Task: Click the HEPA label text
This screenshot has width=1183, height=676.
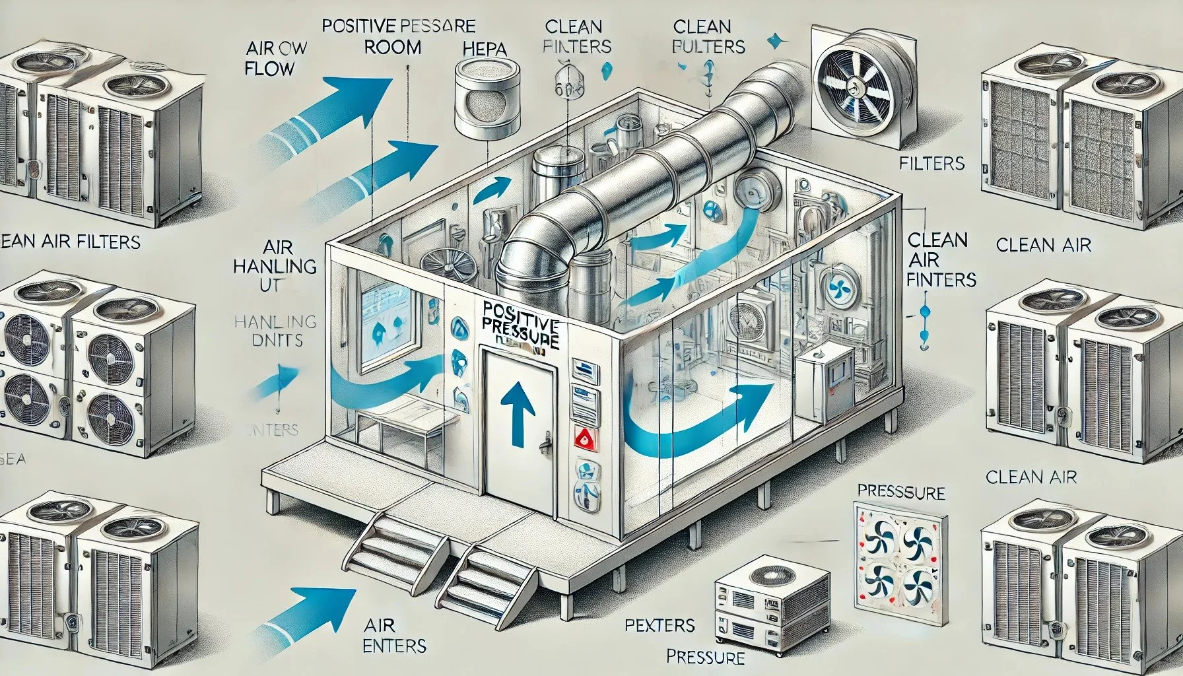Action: coord(485,49)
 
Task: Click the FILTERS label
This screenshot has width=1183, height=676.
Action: coord(932,163)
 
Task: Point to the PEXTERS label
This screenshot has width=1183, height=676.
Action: coord(660,625)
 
